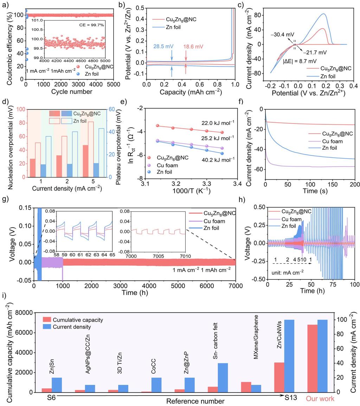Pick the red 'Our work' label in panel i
(320, 399)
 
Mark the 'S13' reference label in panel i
(291, 398)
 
